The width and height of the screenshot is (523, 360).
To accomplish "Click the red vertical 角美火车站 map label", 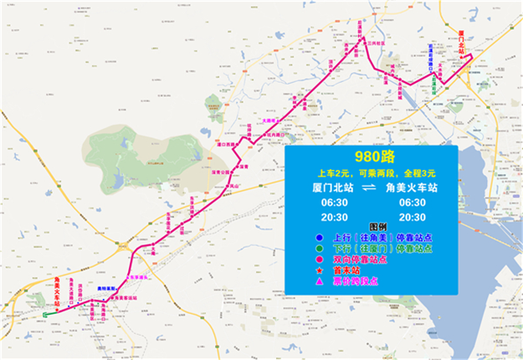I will [56, 291].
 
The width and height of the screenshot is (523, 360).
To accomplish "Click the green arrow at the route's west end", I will [49, 313].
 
